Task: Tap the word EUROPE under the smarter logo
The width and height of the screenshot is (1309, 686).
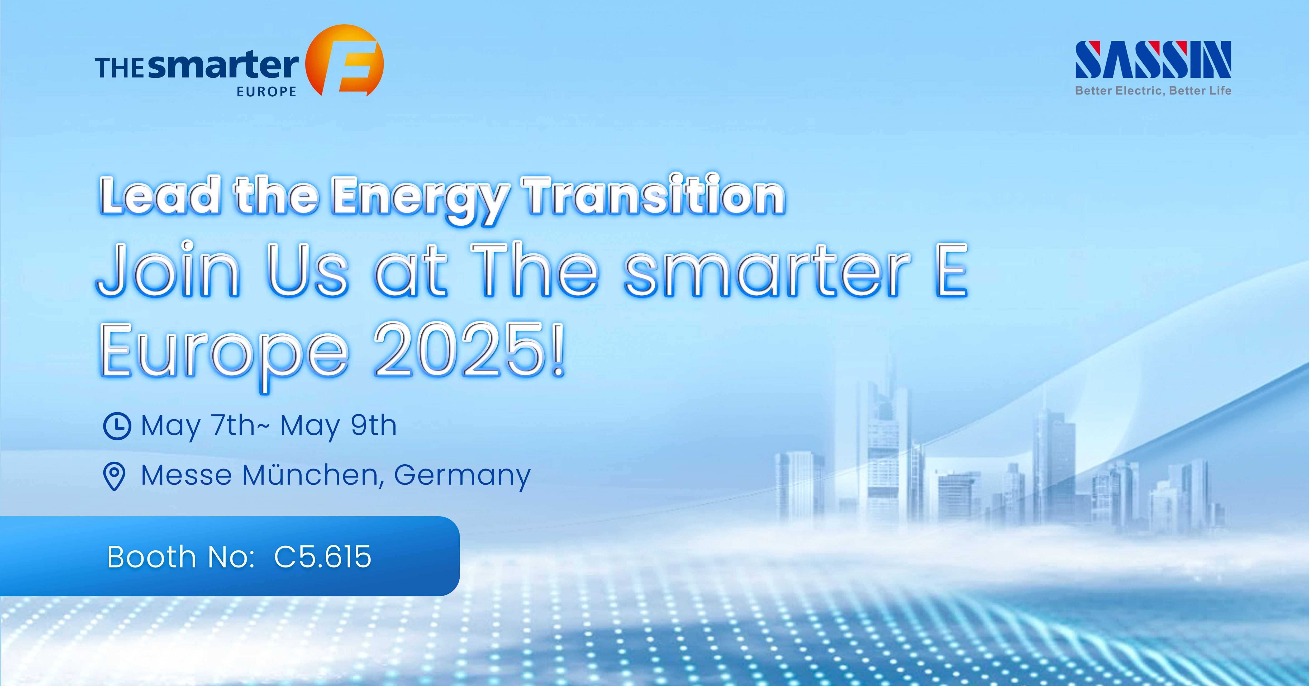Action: pyautogui.click(x=266, y=92)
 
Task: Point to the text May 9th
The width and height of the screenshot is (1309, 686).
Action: pyautogui.click(x=339, y=426)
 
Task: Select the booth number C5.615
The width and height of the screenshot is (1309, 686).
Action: pyautogui.click(x=323, y=557)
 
